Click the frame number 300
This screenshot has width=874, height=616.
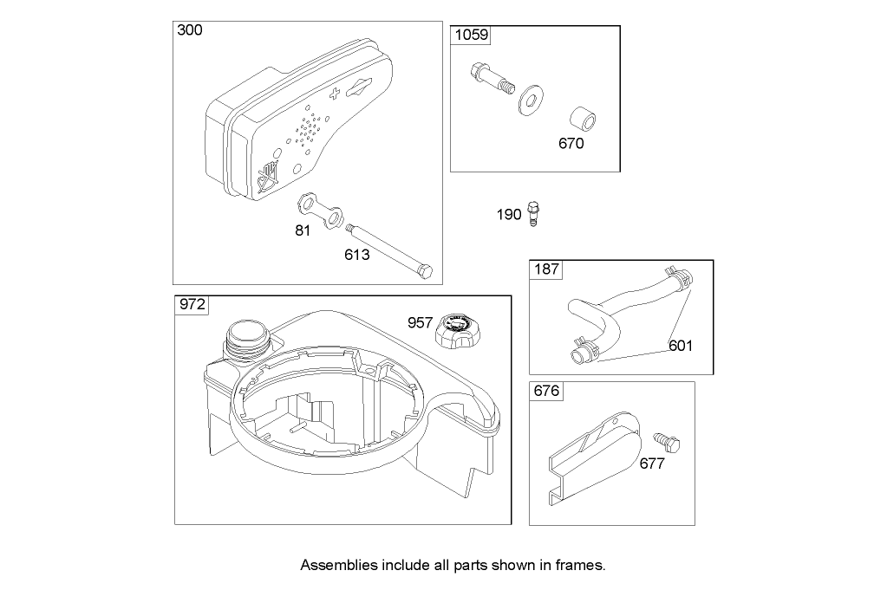[x=190, y=30]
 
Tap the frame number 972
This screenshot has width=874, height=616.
[x=191, y=305]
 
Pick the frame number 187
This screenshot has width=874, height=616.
[x=546, y=269]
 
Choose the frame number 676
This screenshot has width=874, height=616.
[x=545, y=392]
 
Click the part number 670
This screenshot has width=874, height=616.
[x=571, y=144]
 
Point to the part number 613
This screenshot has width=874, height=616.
[x=356, y=255]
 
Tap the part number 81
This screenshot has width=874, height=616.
[x=303, y=231]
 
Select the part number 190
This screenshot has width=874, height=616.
[x=509, y=214]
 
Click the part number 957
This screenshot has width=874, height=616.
[x=421, y=322]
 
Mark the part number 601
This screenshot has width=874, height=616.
[x=681, y=347]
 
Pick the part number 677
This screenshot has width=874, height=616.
[x=651, y=464]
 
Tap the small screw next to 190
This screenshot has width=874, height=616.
[x=532, y=214]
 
